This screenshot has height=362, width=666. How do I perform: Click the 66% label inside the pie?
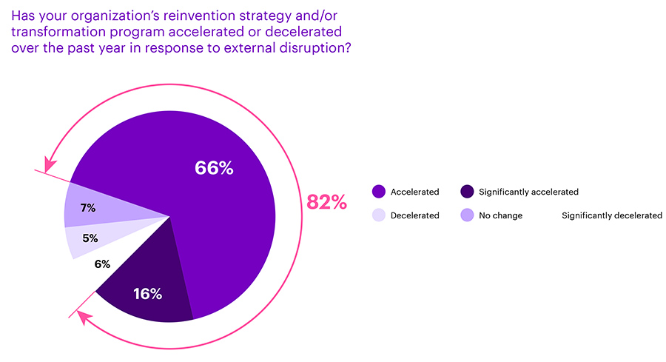tap(214, 168)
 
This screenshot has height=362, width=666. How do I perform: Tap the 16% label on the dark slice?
tap(147, 294)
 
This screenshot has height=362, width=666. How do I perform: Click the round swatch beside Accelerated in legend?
tap(378, 192)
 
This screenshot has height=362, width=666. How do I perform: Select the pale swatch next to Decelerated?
tap(378, 215)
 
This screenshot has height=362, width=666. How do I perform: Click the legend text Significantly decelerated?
tap(612, 215)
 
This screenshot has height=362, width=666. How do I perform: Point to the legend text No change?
tap(500, 215)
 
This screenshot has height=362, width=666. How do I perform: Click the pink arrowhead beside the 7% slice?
tap(50, 164)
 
